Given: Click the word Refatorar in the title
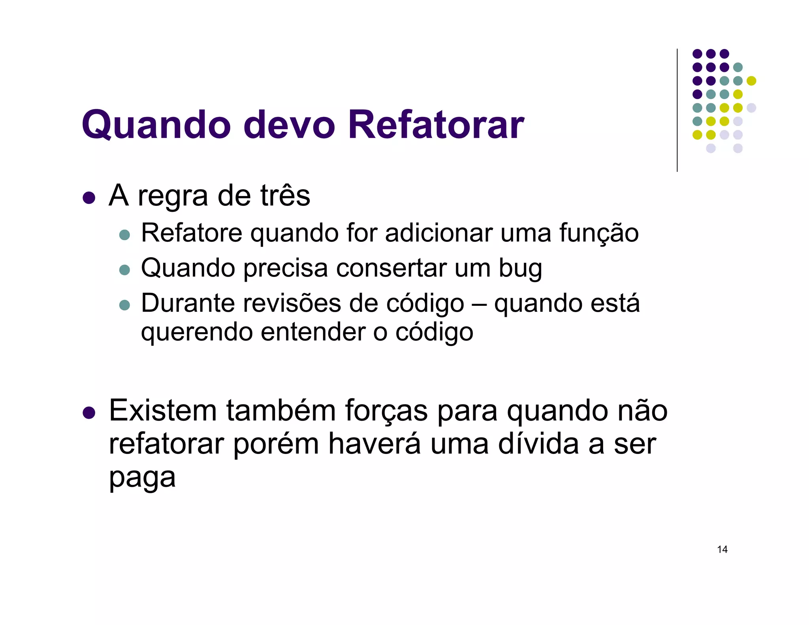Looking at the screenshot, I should click(x=436, y=125).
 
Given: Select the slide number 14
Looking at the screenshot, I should click(x=722, y=550).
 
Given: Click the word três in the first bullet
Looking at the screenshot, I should click(x=285, y=196).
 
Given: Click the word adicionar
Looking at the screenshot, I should click(x=438, y=233).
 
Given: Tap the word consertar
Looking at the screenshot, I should click(x=391, y=268).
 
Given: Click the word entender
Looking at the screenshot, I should click(x=313, y=332).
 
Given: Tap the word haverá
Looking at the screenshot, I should click(x=374, y=444).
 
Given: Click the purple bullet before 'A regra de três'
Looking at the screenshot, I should click(x=89, y=198).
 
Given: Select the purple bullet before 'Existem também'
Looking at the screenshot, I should click(x=89, y=413).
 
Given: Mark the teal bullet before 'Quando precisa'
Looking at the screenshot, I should click(x=124, y=270).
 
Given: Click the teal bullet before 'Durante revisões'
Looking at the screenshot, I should click(x=124, y=305).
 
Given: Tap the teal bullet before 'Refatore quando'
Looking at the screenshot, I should click(x=124, y=235).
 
